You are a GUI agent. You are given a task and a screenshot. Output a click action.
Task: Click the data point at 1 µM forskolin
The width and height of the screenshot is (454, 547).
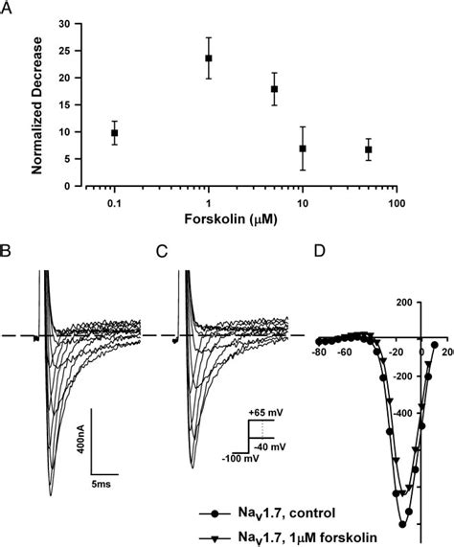point(208,58)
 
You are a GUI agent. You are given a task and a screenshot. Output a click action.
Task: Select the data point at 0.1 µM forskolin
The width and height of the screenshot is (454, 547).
point(115,133)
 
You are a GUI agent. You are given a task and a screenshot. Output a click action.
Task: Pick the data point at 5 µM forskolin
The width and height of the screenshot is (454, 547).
point(275,89)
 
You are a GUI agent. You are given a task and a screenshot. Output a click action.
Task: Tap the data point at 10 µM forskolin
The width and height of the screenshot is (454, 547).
point(303,148)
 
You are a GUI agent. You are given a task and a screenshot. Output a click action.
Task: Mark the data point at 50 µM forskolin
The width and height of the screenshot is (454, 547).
point(369,149)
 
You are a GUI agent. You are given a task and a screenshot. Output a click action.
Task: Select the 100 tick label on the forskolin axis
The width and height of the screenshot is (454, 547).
point(397,204)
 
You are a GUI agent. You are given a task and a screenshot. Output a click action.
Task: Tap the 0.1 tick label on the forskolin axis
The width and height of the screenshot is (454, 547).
point(114,204)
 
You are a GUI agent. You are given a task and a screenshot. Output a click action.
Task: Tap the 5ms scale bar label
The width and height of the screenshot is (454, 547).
point(104,485)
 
